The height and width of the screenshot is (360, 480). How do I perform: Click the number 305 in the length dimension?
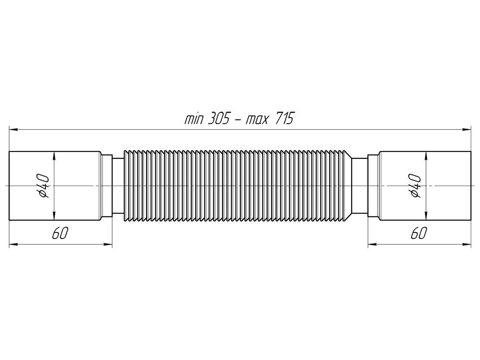[x=218, y=119]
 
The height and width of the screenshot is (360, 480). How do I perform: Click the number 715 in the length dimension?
[x=284, y=119]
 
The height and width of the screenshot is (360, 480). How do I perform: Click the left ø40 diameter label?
[x=44, y=186]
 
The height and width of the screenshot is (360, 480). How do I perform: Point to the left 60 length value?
[x=60, y=233]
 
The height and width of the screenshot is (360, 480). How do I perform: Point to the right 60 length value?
[x=419, y=233]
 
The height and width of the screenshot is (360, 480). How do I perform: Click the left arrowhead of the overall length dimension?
[x=13, y=130]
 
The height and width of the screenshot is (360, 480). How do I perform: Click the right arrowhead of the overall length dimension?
[x=466, y=130]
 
